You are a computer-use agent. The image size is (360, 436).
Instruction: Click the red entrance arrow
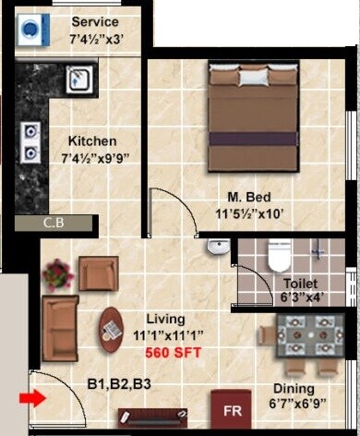[30, 399]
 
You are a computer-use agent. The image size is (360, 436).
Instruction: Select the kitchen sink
[78, 81]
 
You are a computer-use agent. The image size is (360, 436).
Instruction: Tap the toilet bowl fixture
[278, 255]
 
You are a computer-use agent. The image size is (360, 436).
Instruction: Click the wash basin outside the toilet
[218, 246]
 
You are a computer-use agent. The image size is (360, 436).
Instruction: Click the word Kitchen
[92, 141]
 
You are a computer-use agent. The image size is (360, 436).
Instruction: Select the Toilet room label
[301, 283]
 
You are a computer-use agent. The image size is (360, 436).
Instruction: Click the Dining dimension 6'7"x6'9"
[294, 404]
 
